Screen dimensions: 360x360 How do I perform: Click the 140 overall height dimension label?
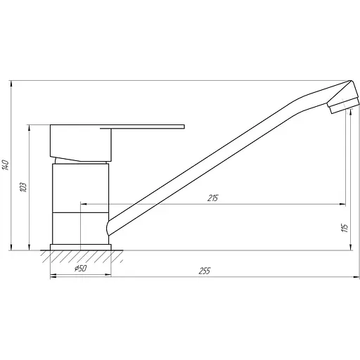[x=6, y=165]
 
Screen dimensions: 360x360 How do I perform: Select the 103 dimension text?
[x=24, y=187]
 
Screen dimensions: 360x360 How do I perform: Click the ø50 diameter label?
[x=79, y=268]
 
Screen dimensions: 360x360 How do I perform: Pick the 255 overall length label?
[x=205, y=271]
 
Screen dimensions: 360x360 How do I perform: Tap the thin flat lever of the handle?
[x=148, y=127]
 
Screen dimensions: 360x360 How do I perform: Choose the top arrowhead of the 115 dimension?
[x=345, y=113]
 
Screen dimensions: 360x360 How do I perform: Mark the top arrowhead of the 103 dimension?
[x=30, y=128]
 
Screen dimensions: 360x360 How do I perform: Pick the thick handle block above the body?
[x=81, y=143]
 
